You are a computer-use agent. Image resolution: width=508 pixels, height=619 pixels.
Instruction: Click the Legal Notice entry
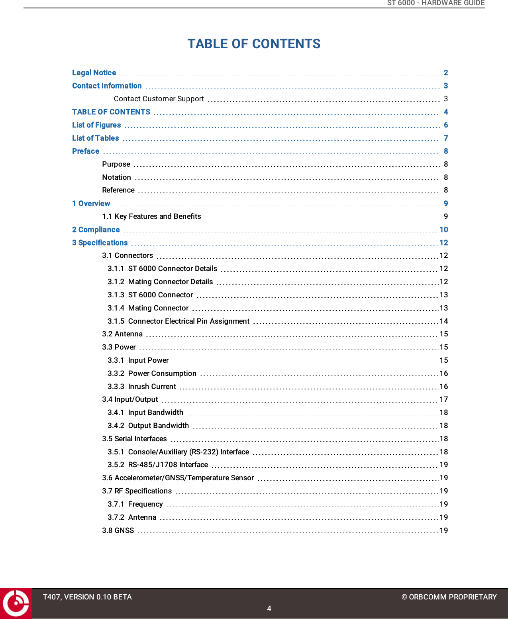94,73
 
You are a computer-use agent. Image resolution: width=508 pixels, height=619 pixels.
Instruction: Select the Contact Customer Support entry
159,99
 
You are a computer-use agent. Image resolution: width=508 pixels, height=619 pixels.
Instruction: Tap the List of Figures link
96,125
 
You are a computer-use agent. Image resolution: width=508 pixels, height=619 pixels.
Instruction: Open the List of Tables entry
96,138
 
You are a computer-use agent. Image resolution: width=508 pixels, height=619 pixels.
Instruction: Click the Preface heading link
86,151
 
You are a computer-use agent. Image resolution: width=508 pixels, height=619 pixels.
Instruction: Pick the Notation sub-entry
116,177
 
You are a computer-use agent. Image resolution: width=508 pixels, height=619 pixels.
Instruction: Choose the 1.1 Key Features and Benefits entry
151,216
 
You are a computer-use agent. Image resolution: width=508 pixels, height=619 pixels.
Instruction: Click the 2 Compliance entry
96,230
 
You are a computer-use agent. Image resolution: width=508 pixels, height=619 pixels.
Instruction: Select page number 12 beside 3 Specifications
444,243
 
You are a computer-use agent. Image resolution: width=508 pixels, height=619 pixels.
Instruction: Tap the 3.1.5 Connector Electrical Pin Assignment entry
178,321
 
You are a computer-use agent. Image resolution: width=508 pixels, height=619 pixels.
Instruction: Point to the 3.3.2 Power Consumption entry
152,373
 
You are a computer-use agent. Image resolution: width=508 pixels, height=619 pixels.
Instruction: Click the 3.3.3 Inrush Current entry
142,387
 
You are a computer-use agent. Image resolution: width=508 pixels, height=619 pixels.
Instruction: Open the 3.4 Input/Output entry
130,399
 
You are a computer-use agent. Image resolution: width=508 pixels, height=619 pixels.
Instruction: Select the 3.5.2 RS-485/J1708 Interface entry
158,465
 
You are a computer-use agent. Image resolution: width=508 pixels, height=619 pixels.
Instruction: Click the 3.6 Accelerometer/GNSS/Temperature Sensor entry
178,478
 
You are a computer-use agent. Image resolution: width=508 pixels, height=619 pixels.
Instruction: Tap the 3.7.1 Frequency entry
135,504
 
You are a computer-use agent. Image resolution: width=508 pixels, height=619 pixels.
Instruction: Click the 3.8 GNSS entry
118,531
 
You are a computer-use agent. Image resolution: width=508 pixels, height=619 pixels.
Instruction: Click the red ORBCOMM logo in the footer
16,603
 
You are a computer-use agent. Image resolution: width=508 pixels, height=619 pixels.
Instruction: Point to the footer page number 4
269,609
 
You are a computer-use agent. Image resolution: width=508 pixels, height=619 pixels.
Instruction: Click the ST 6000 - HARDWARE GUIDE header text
436,3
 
